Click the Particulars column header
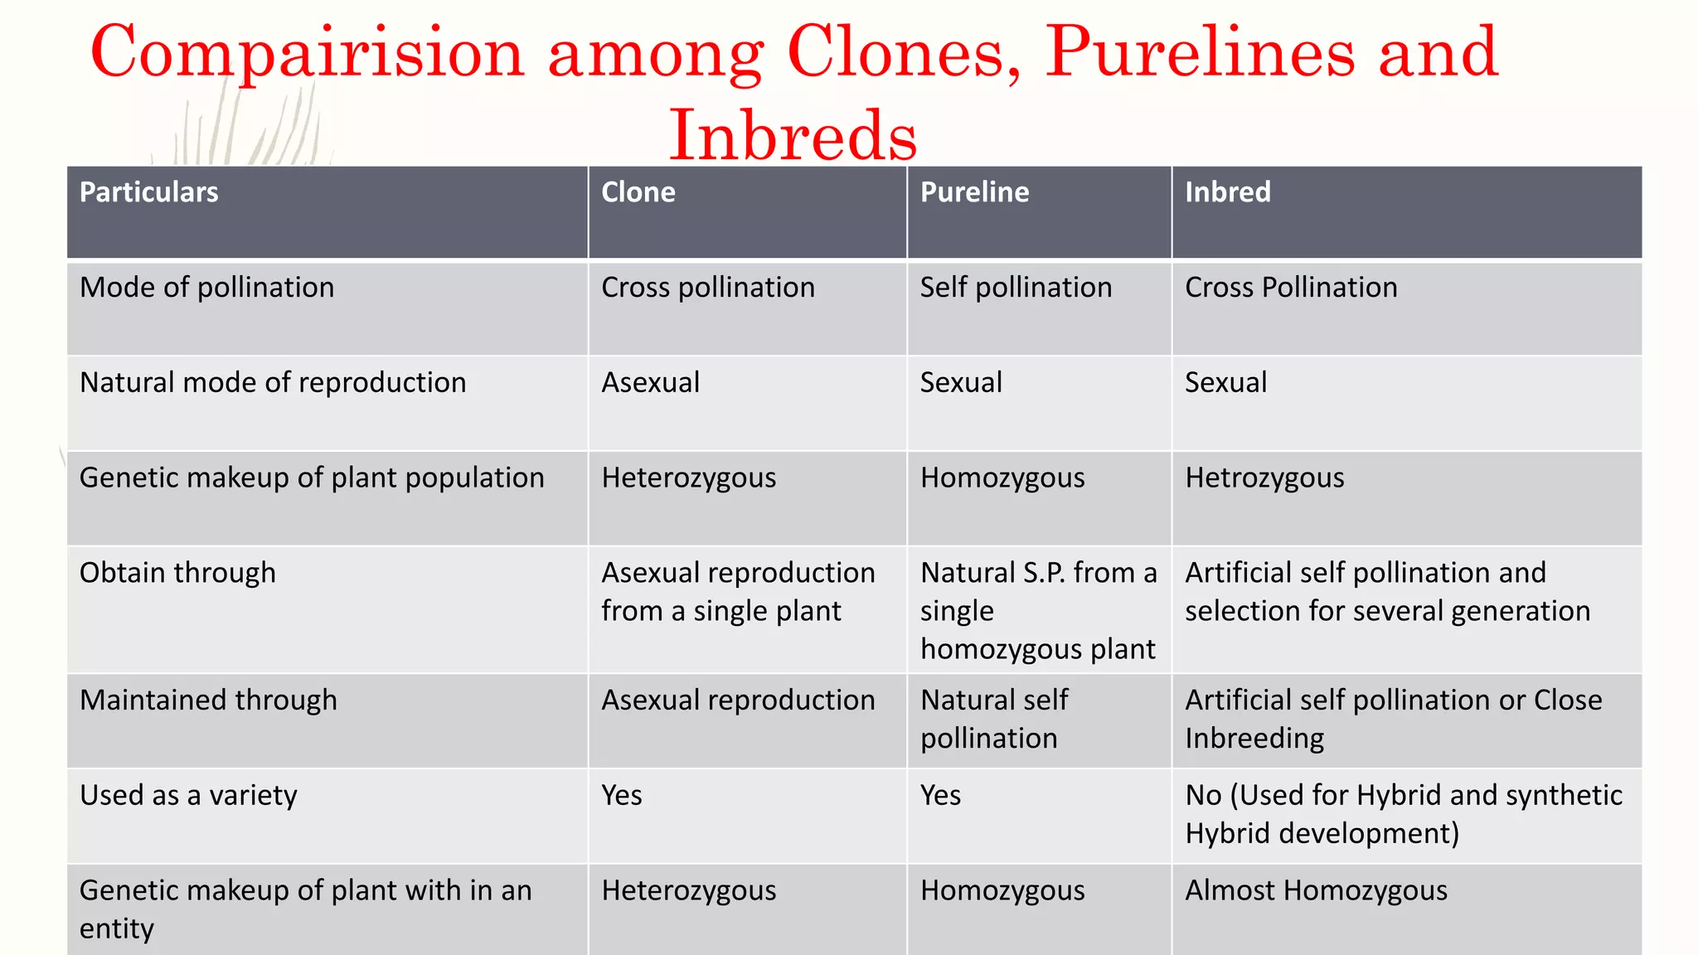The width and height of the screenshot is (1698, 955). point(149,192)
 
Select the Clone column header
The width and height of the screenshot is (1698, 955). point(638,192)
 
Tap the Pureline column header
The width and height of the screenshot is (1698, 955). point(974,192)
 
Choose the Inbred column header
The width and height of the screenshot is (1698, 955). point(1227,192)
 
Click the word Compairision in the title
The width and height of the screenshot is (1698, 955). point(308,52)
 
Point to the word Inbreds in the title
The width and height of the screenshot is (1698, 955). point(793,135)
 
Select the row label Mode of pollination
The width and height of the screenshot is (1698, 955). point(206,288)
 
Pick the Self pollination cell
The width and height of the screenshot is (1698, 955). point(1016,288)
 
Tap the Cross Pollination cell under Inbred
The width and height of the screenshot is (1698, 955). point(1291,288)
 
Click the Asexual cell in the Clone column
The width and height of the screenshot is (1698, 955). point(650,383)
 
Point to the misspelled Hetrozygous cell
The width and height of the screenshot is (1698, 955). point(1264,478)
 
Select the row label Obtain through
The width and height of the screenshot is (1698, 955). point(177,573)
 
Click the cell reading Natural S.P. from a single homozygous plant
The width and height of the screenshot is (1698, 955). point(1038,611)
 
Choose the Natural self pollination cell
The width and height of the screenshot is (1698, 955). point(994,719)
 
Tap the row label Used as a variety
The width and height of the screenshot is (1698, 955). point(188,796)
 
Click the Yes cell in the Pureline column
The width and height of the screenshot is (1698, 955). point(940,796)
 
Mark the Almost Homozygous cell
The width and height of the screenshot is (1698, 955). point(1316,890)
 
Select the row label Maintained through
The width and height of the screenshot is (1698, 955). point(208,700)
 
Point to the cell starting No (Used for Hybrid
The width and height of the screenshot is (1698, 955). point(1403,814)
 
